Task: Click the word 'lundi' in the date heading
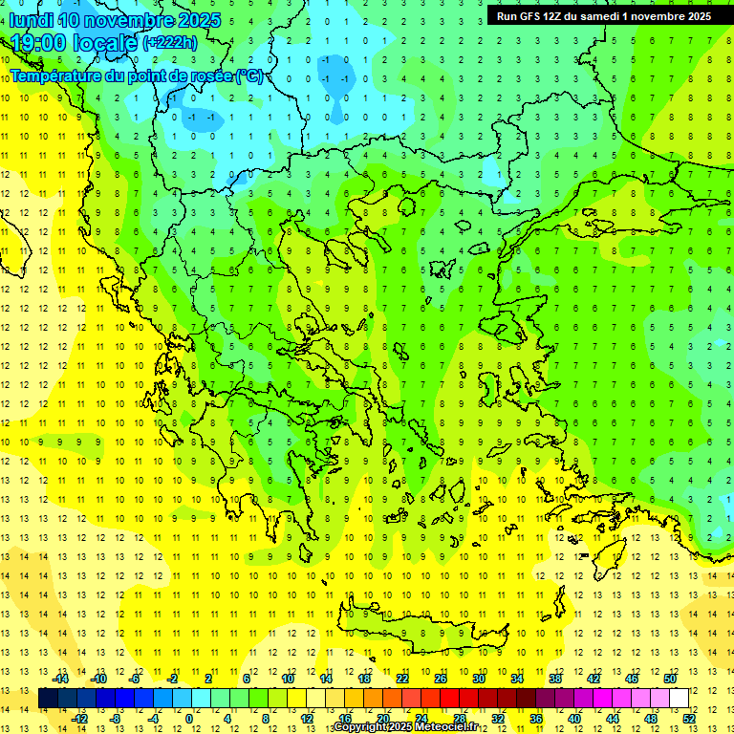[x=31, y=20]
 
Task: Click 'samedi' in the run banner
[x=607, y=16]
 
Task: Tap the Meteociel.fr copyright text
[x=405, y=727]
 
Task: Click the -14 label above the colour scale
[x=60, y=679]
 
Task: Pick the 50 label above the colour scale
[x=670, y=679]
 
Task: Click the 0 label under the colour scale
[x=188, y=718]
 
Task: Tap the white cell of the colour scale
[x=679, y=698]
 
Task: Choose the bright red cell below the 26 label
[x=449, y=698]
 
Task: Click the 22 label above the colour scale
[x=402, y=679]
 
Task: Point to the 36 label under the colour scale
[x=536, y=718]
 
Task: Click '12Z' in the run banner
[x=555, y=16]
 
